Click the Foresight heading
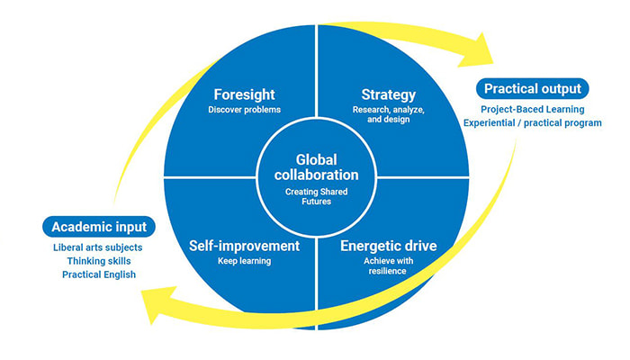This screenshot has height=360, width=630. [244, 94]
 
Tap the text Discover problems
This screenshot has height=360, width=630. [244, 110]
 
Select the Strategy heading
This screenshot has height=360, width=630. [387, 94]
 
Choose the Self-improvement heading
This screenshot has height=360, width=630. [244, 245]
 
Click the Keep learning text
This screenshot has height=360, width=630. [244, 261]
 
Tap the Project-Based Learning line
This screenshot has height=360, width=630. [533, 109]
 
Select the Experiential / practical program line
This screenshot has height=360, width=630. [533, 123]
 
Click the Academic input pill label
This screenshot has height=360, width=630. [98, 226]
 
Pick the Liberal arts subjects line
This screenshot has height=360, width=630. [98, 247]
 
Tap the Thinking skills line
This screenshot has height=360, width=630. [98, 261]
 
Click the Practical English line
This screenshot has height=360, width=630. [98, 274]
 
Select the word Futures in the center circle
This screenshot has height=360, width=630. [315, 204]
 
